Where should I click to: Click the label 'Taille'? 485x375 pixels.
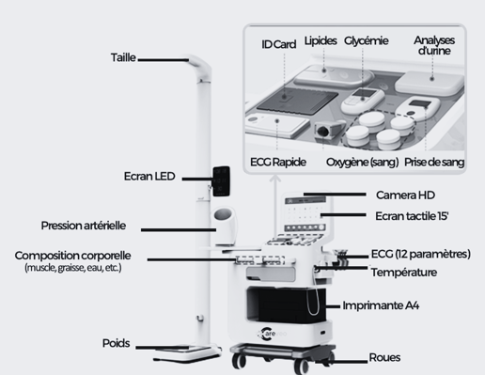(x=123, y=57)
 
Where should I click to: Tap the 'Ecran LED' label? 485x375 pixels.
(x=149, y=177)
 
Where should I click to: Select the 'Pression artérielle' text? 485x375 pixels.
(x=84, y=226)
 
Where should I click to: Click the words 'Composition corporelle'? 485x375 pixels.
(x=72, y=256)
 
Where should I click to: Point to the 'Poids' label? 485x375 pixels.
(x=116, y=343)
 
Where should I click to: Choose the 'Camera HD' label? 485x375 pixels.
(x=405, y=195)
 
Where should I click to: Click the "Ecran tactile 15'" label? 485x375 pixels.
(x=412, y=216)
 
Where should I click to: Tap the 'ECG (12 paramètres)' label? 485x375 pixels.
(x=421, y=254)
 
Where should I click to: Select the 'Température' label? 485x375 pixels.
(x=404, y=273)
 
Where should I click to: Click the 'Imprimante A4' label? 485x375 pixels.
(x=381, y=305)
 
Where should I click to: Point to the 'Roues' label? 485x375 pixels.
(x=384, y=357)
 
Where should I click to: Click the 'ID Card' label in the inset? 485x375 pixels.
(x=278, y=44)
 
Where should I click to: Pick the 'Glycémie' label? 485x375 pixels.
(x=367, y=40)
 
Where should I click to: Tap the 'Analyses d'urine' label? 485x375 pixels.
(x=434, y=45)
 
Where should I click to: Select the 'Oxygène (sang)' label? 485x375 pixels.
(x=363, y=163)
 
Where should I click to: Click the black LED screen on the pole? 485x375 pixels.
(x=221, y=181)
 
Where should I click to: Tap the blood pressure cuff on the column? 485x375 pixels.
(x=225, y=226)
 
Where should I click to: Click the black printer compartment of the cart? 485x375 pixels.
(x=286, y=305)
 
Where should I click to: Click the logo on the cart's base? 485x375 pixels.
(x=272, y=334)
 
